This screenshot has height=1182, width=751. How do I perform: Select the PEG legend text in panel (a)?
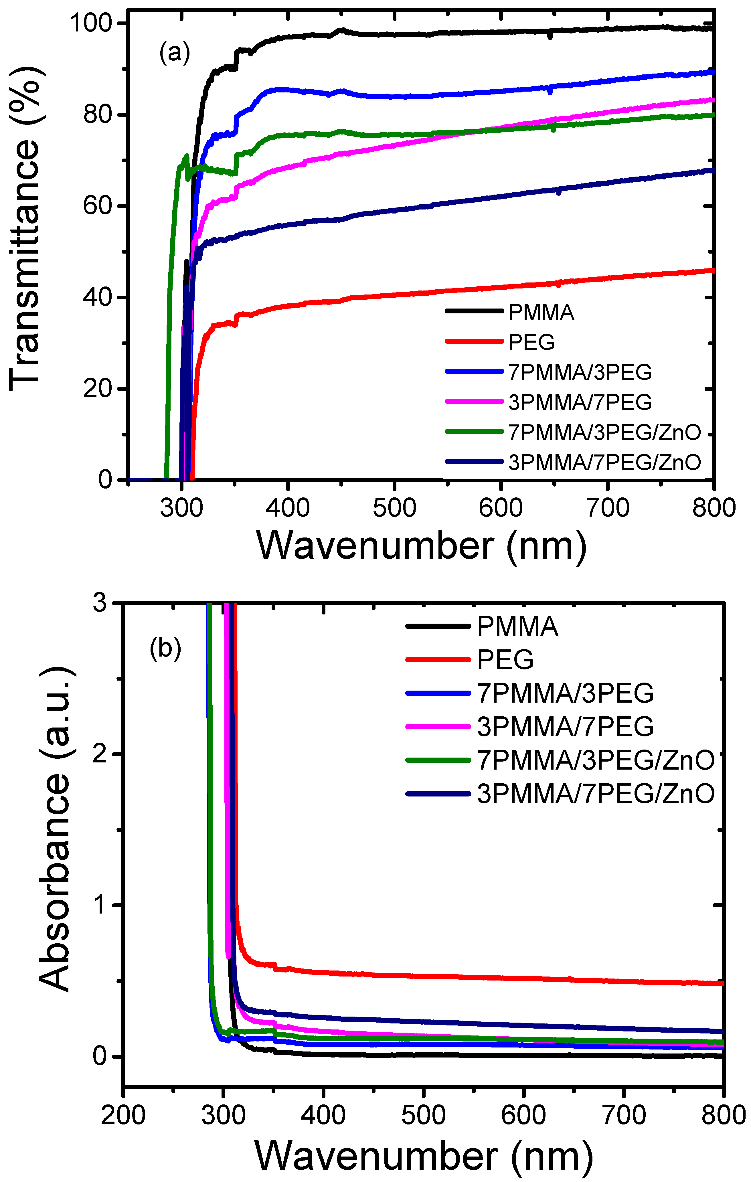click(x=531, y=342)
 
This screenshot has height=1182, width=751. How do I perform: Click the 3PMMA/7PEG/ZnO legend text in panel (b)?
click(x=595, y=794)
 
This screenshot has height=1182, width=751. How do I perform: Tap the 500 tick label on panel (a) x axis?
click(x=394, y=507)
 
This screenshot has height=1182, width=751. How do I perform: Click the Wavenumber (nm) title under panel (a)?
click(x=421, y=546)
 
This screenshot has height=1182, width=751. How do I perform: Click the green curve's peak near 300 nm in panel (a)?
click(x=186, y=156)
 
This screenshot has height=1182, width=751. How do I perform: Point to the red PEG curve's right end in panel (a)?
click(x=712, y=270)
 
